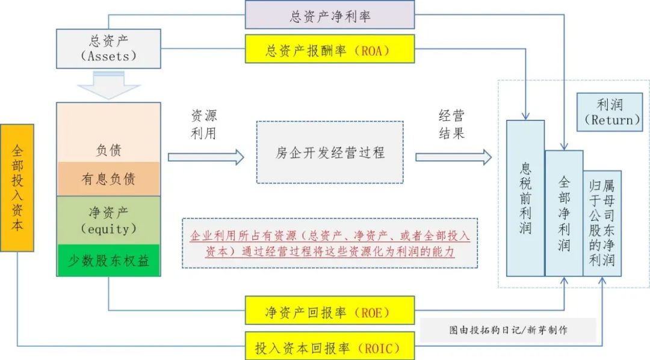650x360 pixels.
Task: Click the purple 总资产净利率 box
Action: (x=329, y=15)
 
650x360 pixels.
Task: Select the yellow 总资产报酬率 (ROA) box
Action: (x=329, y=49)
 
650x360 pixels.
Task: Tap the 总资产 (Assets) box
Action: (x=108, y=48)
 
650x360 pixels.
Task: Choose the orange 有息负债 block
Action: (x=108, y=179)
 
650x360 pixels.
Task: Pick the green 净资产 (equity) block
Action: (x=108, y=220)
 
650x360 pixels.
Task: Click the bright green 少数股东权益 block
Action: (x=108, y=261)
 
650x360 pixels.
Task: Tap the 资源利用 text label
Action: (x=203, y=125)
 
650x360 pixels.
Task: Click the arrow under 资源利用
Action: (x=206, y=157)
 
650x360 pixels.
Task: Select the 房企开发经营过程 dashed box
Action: (x=330, y=152)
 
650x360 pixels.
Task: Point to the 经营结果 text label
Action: (x=451, y=125)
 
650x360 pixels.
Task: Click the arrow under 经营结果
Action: (x=453, y=157)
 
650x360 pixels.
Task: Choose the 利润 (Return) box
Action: (x=609, y=113)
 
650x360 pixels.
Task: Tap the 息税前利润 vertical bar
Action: (x=525, y=199)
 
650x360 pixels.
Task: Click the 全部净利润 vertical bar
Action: (x=564, y=214)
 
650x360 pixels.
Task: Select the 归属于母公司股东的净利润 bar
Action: (x=602, y=223)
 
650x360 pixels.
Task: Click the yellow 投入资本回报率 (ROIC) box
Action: (x=329, y=347)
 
